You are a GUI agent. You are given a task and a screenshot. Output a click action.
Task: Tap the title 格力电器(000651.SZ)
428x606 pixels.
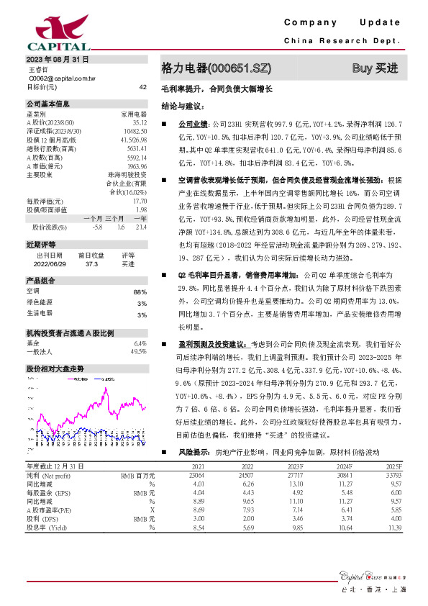pyautogui.click(x=216, y=68)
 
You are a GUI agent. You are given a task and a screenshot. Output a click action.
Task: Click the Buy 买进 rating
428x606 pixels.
pyautogui.click(x=375, y=68)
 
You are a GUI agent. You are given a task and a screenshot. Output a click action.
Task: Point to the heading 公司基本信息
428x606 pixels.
pyautogui.click(x=43, y=104)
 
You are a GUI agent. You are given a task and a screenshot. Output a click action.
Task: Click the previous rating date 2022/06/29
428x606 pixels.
pyautogui.click(x=49, y=264)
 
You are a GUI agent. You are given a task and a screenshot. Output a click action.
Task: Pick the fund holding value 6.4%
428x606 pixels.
pyautogui.click(x=140, y=343)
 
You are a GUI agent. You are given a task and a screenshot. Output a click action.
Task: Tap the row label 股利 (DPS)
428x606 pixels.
pyautogui.click(x=44, y=519)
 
